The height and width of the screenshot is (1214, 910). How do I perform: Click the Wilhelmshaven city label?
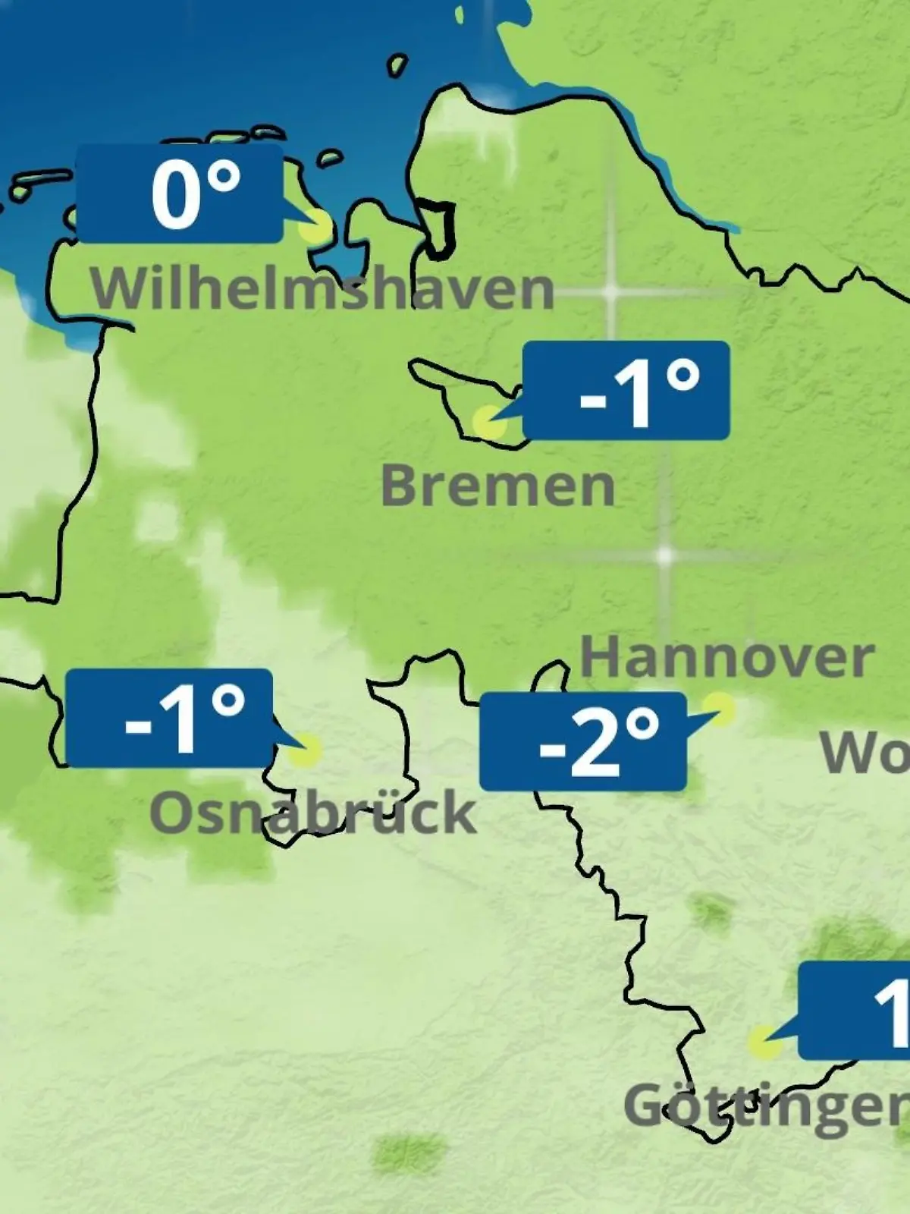pos(322,289)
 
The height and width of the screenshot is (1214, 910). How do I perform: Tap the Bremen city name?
pos(497,486)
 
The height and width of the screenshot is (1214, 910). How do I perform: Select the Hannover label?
pos(726,657)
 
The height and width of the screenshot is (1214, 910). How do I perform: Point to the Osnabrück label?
pos(312,813)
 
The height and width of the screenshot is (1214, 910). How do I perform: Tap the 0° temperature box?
pos(180,194)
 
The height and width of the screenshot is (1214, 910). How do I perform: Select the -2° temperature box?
pos(582,741)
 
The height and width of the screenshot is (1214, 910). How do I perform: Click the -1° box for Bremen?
pos(626,390)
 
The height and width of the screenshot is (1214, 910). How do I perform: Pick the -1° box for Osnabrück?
pos(169,718)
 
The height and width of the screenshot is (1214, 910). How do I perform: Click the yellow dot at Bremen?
pos(488,421)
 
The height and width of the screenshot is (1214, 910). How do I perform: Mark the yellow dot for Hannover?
pos(720,709)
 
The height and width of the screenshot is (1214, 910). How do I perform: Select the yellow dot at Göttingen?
pos(764,1043)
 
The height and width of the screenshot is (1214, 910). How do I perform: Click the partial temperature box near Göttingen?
pos(855,1011)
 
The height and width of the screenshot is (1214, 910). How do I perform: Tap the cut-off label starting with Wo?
pos(865,753)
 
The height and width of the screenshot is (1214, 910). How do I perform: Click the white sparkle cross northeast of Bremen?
pos(610,291)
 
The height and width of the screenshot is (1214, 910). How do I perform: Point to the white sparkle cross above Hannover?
pos(664,556)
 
